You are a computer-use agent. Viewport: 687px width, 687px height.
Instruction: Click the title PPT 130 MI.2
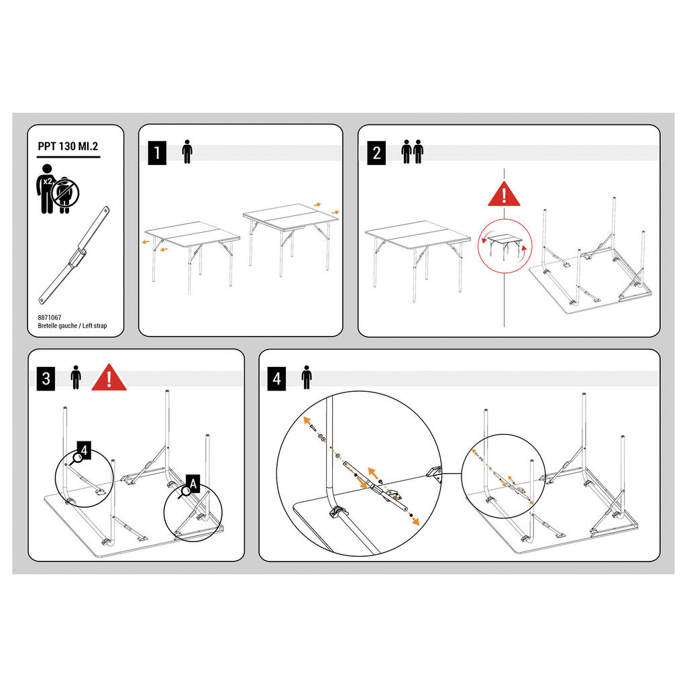68,146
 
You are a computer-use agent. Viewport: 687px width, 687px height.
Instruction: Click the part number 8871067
50,317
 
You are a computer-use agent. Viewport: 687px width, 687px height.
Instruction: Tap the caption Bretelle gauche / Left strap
72,325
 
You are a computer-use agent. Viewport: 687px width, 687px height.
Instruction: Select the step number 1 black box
157,153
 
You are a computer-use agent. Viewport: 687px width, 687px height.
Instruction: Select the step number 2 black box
376,153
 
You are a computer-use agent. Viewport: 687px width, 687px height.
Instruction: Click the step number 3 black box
46,378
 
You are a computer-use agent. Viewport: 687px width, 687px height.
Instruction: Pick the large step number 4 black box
276,378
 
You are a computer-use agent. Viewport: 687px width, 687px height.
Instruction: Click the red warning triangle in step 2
504,194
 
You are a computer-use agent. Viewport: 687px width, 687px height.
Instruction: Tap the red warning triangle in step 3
109,378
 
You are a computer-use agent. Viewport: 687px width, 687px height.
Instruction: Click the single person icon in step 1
187,152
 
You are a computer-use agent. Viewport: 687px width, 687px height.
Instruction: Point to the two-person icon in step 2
413,152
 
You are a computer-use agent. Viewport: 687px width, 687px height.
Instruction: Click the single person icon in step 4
307,377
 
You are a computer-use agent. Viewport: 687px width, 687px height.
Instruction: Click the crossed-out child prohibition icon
65,193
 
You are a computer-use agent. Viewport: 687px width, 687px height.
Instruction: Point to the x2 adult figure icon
46,189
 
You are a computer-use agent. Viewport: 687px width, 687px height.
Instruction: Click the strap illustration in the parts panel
74,254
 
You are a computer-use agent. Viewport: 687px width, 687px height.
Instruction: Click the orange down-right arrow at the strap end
413,520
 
